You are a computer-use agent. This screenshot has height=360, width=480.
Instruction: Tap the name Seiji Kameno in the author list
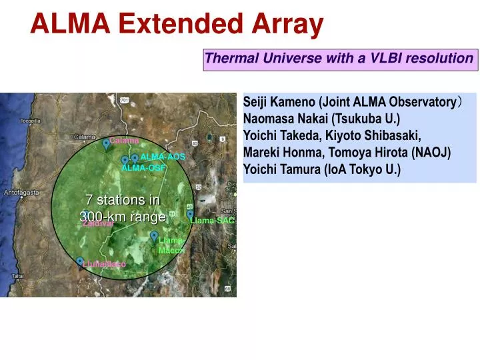[279, 102]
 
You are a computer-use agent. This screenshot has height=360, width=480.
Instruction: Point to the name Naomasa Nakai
[283, 119]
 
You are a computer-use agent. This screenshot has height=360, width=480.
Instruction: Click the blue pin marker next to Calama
[106, 143]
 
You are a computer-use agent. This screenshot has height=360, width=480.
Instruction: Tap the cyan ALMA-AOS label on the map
[162, 157]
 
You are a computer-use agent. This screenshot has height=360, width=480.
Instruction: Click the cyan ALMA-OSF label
[143, 168]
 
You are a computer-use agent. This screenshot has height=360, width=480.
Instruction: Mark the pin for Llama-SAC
[190, 215]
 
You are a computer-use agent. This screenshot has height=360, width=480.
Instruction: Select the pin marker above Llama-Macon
[154, 235]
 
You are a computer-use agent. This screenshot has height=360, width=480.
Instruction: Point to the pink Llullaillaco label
[104, 265]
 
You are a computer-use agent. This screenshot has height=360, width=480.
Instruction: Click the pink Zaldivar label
[97, 225]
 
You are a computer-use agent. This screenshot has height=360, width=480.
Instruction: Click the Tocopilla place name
[31, 121]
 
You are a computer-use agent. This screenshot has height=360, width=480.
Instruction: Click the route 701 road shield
[124, 100]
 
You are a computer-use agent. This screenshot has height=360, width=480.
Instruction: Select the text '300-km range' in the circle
[123, 217]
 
